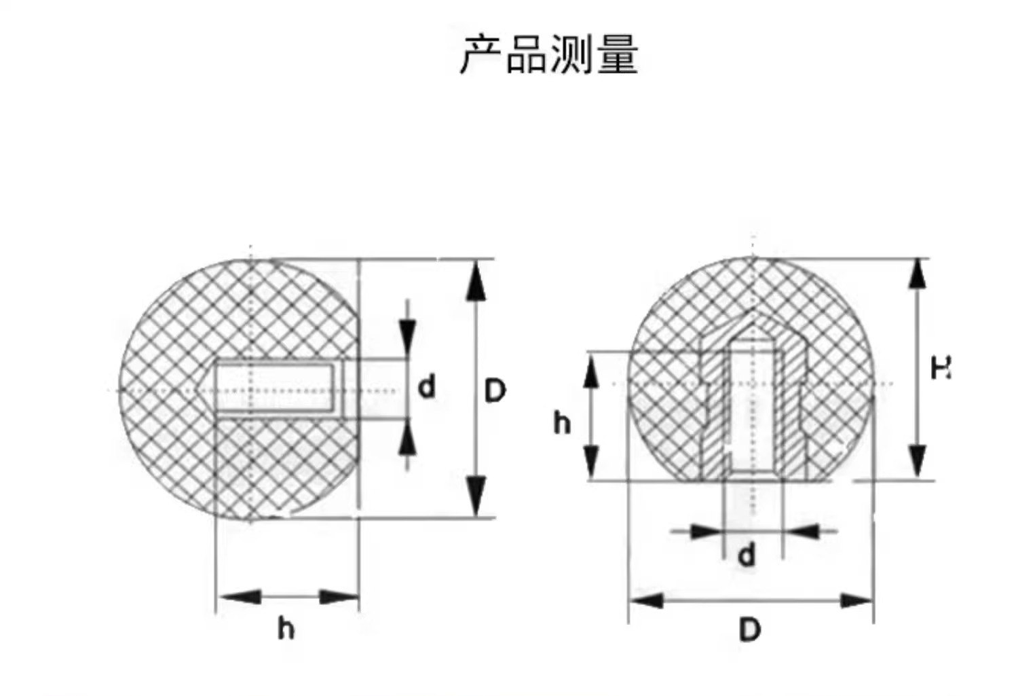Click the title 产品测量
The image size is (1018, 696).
click(x=549, y=54)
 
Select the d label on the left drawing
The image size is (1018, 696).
click(x=426, y=387)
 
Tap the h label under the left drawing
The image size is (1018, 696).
click(x=286, y=629)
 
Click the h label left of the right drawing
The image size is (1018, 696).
click(x=561, y=422)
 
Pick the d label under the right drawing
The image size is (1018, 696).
click(x=747, y=555)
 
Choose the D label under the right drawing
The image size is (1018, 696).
click(x=749, y=630)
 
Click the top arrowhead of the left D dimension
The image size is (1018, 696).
click(x=476, y=280)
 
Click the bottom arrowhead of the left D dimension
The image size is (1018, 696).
click(x=476, y=496)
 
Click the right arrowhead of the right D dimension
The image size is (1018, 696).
click(x=856, y=600)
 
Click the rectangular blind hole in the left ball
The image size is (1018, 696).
click(x=274, y=388)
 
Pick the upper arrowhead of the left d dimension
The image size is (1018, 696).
click(x=407, y=335)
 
